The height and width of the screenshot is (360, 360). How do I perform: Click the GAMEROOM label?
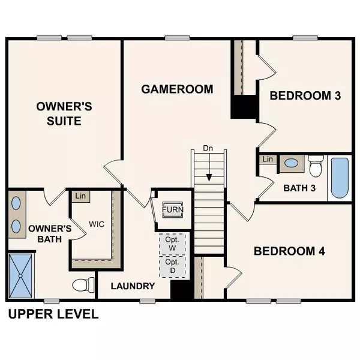coord(177,89)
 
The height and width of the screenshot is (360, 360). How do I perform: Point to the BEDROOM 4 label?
coord(289,251)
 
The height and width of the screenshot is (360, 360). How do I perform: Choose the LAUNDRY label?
coord(134,286)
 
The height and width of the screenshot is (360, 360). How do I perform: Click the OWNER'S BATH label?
coord(50,234)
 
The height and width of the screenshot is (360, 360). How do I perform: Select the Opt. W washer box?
coord(172,244)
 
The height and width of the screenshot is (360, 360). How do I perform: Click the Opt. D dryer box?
coord(172,267)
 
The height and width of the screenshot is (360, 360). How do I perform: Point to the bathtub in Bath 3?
coord(339,178)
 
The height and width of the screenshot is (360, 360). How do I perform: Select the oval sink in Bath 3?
coord(292,162)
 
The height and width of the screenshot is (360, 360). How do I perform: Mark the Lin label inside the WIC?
coord(79,196)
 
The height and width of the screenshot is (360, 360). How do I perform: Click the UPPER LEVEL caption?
coord(53,314)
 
